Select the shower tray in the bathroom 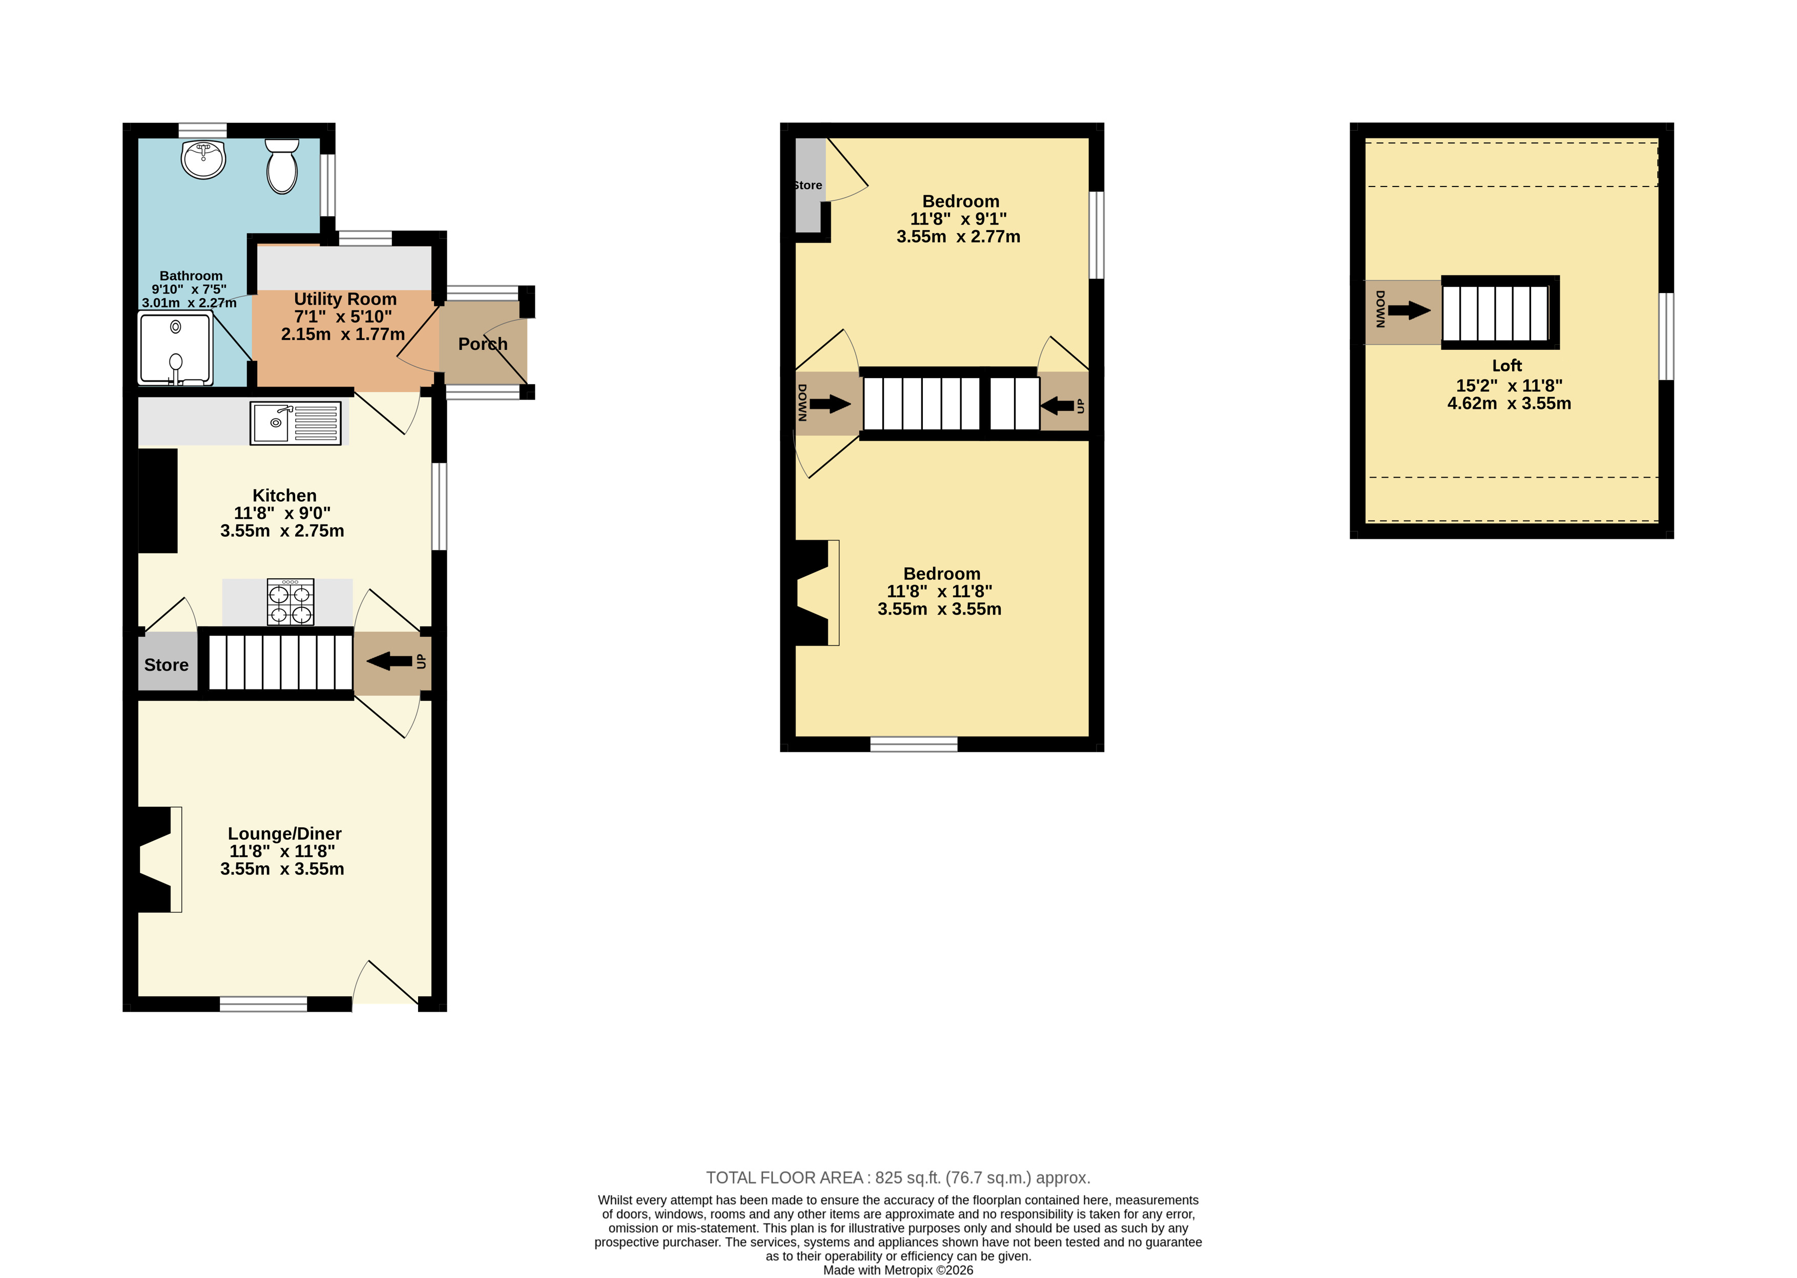tap(176, 349)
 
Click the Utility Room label tap(345, 299)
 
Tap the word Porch tap(483, 344)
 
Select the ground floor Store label tap(166, 665)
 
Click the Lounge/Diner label tap(284, 833)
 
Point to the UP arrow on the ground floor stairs tap(389, 662)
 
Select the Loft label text tap(1506, 366)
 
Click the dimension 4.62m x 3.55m tap(1509, 404)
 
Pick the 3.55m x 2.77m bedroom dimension tap(958, 237)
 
